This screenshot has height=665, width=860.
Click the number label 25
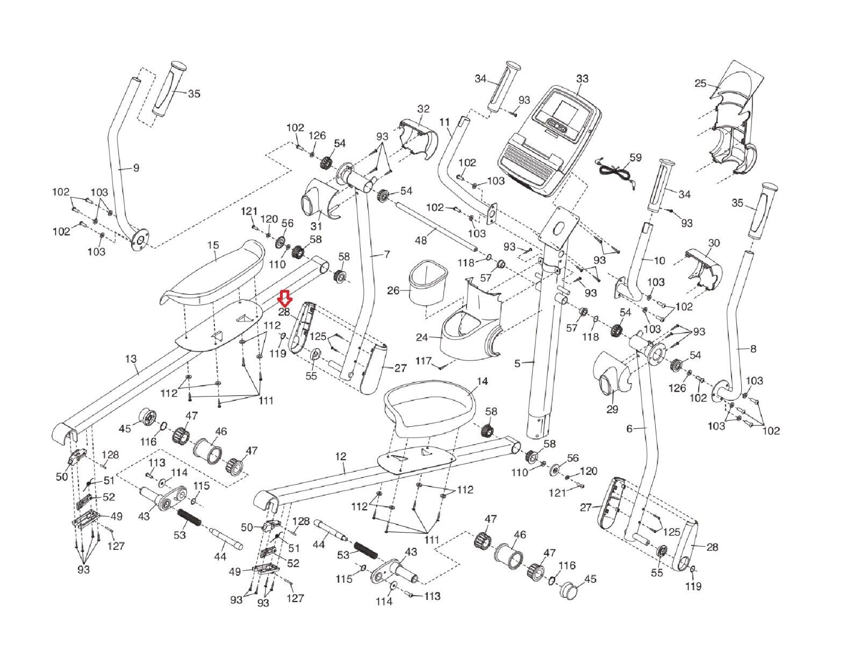(700, 83)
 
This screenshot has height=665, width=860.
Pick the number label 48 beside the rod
(421, 240)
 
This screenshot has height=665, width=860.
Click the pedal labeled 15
(215, 272)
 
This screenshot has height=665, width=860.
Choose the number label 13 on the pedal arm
(131, 358)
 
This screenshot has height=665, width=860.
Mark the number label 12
(340, 456)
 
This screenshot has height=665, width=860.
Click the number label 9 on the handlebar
(136, 168)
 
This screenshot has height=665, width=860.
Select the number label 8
(752, 349)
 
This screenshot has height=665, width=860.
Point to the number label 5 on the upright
(517, 364)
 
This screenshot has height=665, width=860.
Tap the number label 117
(424, 360)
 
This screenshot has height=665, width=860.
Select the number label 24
(422, 338)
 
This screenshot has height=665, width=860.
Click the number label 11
(445, 122)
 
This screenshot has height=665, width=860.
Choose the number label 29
(612, 409)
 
